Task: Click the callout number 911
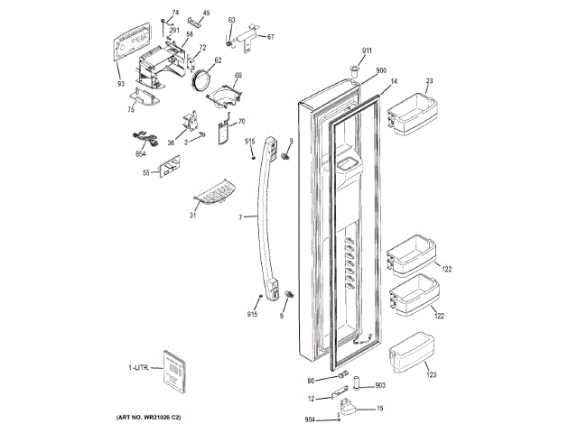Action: coord(368,50)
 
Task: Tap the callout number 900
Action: coord(381,71)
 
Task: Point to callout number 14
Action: coord(394,82)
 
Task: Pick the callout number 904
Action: coord(310,420)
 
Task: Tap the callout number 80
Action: coord(311,380)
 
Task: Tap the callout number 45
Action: coord(205,14)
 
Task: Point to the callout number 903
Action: coord(380,385)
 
